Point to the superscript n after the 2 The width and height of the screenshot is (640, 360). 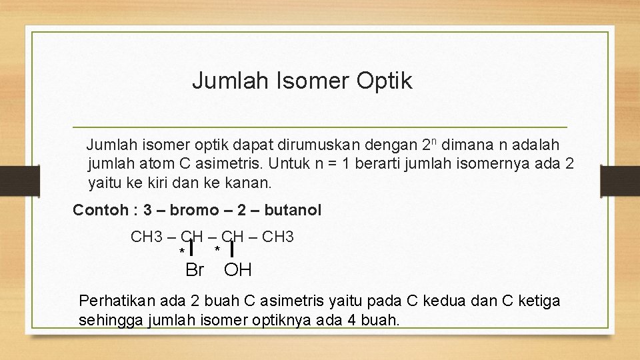pyautogui.click(x=434, y=141)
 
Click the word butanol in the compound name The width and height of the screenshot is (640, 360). pyautogui.click(x=293, y=211)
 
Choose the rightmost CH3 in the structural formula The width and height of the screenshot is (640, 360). pyautogui.click(x=279, y=237)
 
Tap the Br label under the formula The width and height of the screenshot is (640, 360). pyautogui.click(x=194, y=270)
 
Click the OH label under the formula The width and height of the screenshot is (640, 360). pyautogui.click(x=238, y=270)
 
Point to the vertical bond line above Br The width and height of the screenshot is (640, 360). pyautogui.click(x=191, y=248)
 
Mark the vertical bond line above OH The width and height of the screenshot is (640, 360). pyautogui.click(x=231, y=248)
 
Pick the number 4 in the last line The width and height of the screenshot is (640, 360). pyautogui.click(x=351, y=320)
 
